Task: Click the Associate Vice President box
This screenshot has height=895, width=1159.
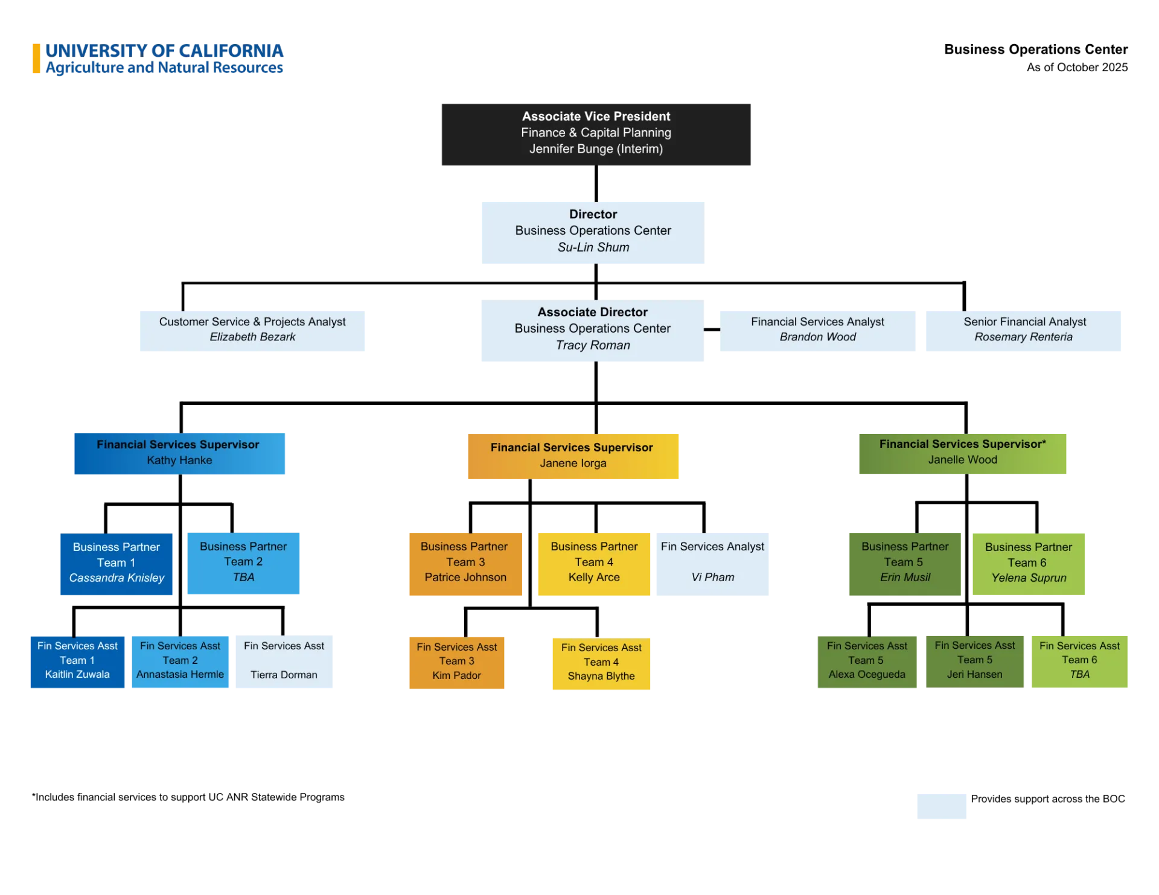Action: pyautogui.click(x=596, y=135)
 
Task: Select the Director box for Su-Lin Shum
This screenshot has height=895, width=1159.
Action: pyautogui.click(x=591, y=231)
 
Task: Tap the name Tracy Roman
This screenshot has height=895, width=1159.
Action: pyautogui.click(x=593, y=345)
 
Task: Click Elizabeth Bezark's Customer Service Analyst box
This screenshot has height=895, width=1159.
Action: pyautogui.click(x=252, y=330)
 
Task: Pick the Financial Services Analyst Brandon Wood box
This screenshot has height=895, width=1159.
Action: pyautogui.click(x=817, y=330)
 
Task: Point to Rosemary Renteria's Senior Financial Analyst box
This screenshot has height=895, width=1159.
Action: pyautogui.click(x=1023, y=330)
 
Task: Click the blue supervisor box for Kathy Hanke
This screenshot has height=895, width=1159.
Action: pyautogui.click(x=180, y=453)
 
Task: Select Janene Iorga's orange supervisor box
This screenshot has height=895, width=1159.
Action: pyautogui.click(x=572, y=456)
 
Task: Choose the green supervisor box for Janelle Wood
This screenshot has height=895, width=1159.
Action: pyautogui.click(x=960, y=453)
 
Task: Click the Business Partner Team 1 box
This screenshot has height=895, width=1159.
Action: pyautogui.click(x=116, y=564)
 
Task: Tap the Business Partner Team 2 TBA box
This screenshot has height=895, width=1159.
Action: pyautogui.click(x=243, y=564)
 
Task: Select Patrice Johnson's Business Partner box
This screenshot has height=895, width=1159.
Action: pyautogui.click(x=465, y=564)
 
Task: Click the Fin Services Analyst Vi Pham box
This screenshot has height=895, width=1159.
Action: pyautogui.click(x=712, y=564)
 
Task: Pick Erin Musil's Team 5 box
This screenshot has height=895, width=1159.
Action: pyautogui.click(x=904, y=564)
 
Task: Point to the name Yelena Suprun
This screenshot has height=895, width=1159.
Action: pyautogui.click(x=1029, y=578)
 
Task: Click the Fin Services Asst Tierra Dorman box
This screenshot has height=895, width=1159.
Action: pyautogui.click(x=283, y=661)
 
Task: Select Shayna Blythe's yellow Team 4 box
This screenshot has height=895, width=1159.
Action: pyautogui.click(x=601, y=663)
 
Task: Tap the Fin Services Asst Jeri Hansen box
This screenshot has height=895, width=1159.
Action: pyautogui.click(x=974, y=661)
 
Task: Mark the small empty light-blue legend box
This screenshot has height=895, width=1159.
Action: pyautogui.click(x=941, y=806)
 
